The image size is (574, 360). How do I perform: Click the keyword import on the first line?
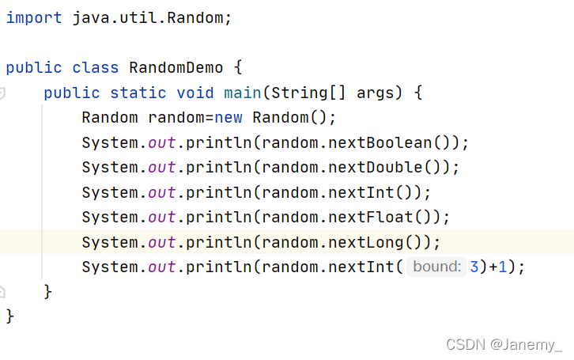click(x=33, y=17)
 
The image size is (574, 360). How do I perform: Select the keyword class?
click(x=95, y=67)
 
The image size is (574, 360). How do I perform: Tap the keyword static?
click(x=138, y=93)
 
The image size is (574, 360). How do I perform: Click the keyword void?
click(x=195, y=93)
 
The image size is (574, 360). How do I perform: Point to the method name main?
click(x=243, y=93)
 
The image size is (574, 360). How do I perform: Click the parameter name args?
click(x=376, y=93)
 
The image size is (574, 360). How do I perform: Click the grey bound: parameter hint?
click(x=437, y=267)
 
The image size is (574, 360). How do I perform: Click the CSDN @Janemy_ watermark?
click(x=504, y=344)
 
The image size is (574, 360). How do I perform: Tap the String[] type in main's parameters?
click(x=309, y=93)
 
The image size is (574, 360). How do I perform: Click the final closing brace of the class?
click(x=10, y=316)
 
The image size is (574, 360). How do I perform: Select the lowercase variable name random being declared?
click(x=176, y=118)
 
